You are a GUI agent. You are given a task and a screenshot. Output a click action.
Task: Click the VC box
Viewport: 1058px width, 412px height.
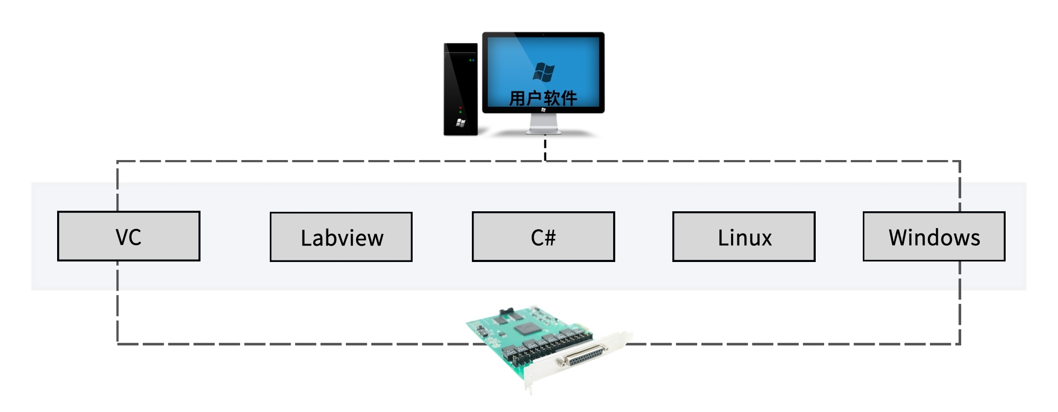pyautogui.click(x=129, y=236)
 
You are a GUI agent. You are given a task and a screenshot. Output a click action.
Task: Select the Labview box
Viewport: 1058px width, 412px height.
pyautogui.click(x=341, y=237)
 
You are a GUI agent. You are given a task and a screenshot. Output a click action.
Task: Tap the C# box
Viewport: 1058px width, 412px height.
pyautogui.click(x=543, y=237)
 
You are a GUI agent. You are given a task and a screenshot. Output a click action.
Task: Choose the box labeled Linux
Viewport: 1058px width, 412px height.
pyautogui.click(x=744, y=237)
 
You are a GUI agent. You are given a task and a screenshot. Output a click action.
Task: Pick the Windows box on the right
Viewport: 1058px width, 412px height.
pyautogui.click(x=934, y=237)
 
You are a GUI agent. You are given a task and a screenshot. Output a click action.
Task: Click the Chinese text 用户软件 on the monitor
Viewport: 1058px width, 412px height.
pyautogui.click(x=543, y=98)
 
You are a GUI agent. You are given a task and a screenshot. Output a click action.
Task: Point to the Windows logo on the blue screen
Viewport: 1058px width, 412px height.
pyautogui.click(x=543, y=72)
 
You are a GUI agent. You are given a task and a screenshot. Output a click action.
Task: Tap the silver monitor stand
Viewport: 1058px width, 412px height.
pyautogui.click(x=543, y=124)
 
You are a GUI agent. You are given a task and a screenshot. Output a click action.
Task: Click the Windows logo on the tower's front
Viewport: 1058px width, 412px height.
pyautogui.click(x=460, y=123)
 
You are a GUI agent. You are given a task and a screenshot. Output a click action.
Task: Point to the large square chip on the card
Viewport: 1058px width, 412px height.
pyautogui.click(x=526, y=329)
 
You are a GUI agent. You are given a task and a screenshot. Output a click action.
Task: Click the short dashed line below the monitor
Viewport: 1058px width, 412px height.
pyautogui.click(x=545, y=149)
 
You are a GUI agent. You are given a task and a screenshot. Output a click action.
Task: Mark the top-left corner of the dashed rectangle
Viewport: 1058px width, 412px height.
pyautogui.click(x=117, y=161)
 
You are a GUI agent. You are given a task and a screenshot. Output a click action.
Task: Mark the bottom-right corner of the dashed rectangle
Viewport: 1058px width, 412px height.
pyautogui.click(x=960, y=344)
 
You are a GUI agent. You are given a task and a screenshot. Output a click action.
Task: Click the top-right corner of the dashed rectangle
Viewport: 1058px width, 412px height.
pyautogui.click(x=960, y=161)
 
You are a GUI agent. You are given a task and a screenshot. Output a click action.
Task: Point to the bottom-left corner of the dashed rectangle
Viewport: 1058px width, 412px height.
pyautogui.click(x=117, y=344)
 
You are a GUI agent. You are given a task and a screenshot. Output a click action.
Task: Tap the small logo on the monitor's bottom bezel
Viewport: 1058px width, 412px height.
pyautogui.click(x=543, y=110)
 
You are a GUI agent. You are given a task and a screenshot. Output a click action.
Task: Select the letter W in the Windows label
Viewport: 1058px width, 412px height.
pyautogui.click(x=898, y=238)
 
